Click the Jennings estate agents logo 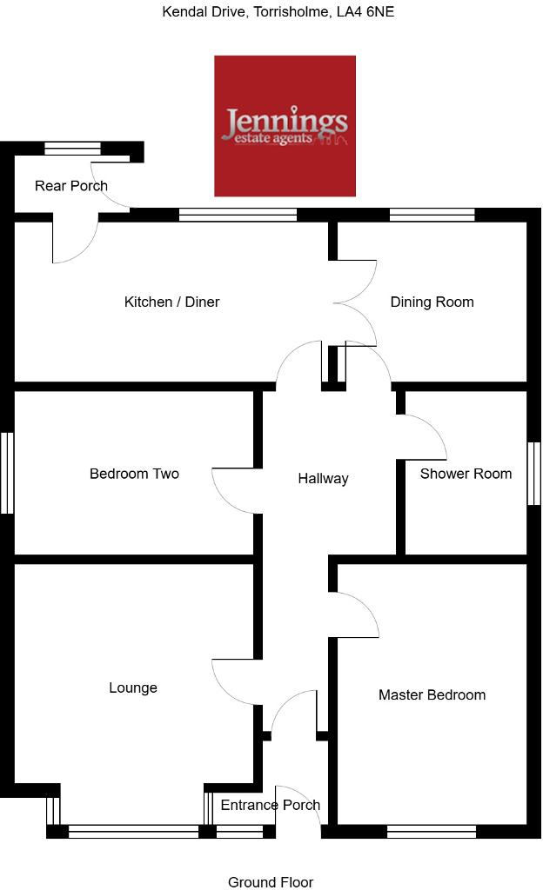pos(285,126)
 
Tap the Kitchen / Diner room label pos(171,302)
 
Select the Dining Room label pos(432,302)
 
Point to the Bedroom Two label pos(134,474)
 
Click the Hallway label pos(323,478)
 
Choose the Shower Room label pos(466,474)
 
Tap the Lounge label pos(133,687)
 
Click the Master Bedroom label pos(432,694)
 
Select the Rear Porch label pos(71,185)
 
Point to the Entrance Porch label pos(270,805)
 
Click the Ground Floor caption pos(271,882)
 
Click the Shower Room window pos(534,473)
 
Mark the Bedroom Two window pos(8,473)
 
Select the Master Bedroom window pos(432,832)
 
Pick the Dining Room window pos(432,215)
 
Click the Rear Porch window pos(72,149)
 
